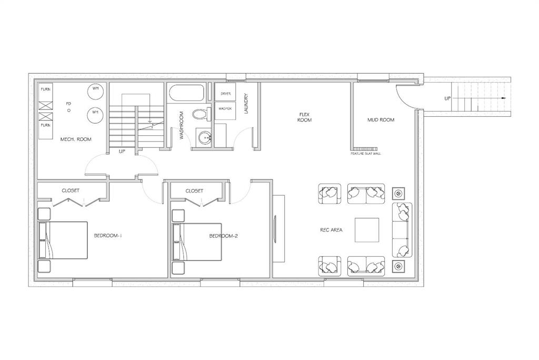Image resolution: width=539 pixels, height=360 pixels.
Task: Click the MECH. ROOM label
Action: coord(76,139)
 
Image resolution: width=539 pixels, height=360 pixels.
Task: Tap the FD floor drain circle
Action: coord(69,111)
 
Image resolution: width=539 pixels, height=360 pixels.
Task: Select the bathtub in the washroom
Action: coord(186,93)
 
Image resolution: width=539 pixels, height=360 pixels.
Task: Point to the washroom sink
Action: coord(205,137)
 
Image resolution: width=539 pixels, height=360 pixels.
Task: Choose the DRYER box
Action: coord(225,94)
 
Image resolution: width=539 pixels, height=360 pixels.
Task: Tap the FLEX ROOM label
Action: coord(305,117)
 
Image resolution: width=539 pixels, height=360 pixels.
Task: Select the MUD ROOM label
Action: coord(381,120)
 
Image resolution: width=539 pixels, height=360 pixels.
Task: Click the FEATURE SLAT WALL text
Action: coord(366,154)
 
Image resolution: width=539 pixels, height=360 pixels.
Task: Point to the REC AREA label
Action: coord(332,229)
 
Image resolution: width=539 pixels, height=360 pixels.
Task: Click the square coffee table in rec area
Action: coord(367,230)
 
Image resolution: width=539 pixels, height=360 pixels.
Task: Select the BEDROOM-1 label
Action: coord(108,236)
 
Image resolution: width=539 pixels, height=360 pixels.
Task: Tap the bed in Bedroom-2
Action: coord(197,242)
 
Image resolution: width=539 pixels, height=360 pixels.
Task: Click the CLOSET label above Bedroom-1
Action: coord(71,191)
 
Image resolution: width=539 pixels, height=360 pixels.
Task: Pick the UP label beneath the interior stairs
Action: coord(122,151)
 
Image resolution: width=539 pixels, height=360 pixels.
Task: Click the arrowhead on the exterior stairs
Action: coord(504,98)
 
